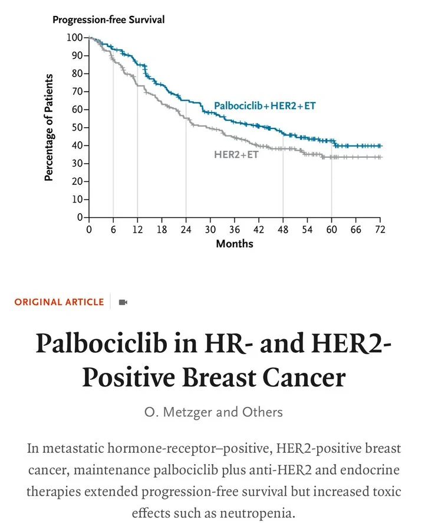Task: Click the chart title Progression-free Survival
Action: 108,19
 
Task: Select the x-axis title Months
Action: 235,243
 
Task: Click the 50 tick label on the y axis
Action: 77,128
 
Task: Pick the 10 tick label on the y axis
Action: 77,200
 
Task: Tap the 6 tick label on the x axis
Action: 113,229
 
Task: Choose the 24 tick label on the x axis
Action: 186,229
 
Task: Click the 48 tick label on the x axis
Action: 283,229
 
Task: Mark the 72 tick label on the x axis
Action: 380,229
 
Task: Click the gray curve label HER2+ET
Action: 236,154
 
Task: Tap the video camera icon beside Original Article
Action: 123,302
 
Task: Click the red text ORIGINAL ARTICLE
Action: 59,302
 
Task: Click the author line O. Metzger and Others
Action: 213,412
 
